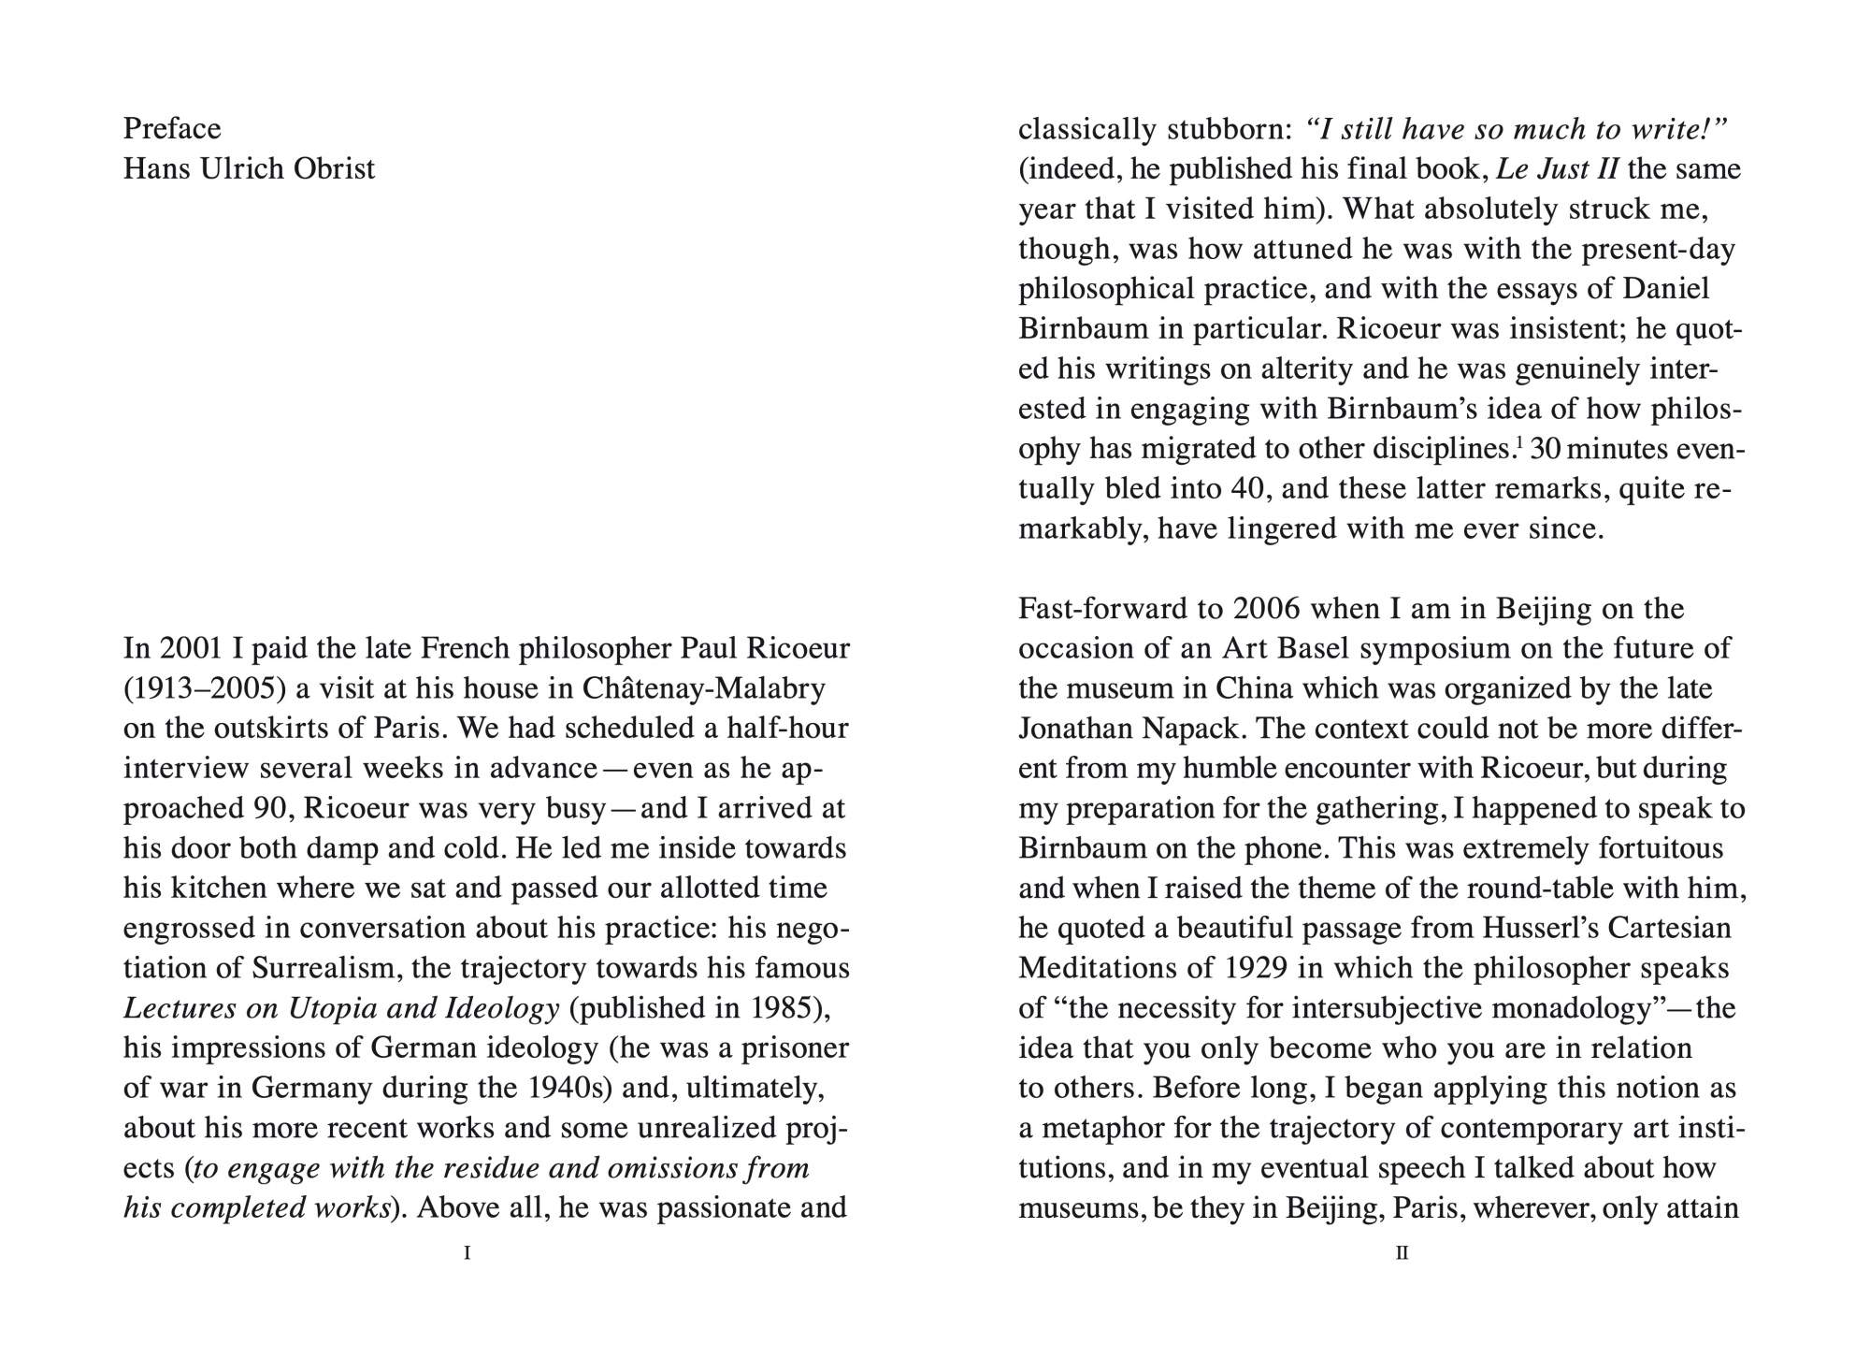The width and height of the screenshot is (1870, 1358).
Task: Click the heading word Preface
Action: tap(172, 128)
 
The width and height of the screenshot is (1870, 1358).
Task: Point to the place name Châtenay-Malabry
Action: tap(703, 688)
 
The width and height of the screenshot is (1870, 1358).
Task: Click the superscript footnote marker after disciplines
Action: tap(1518, 442)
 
